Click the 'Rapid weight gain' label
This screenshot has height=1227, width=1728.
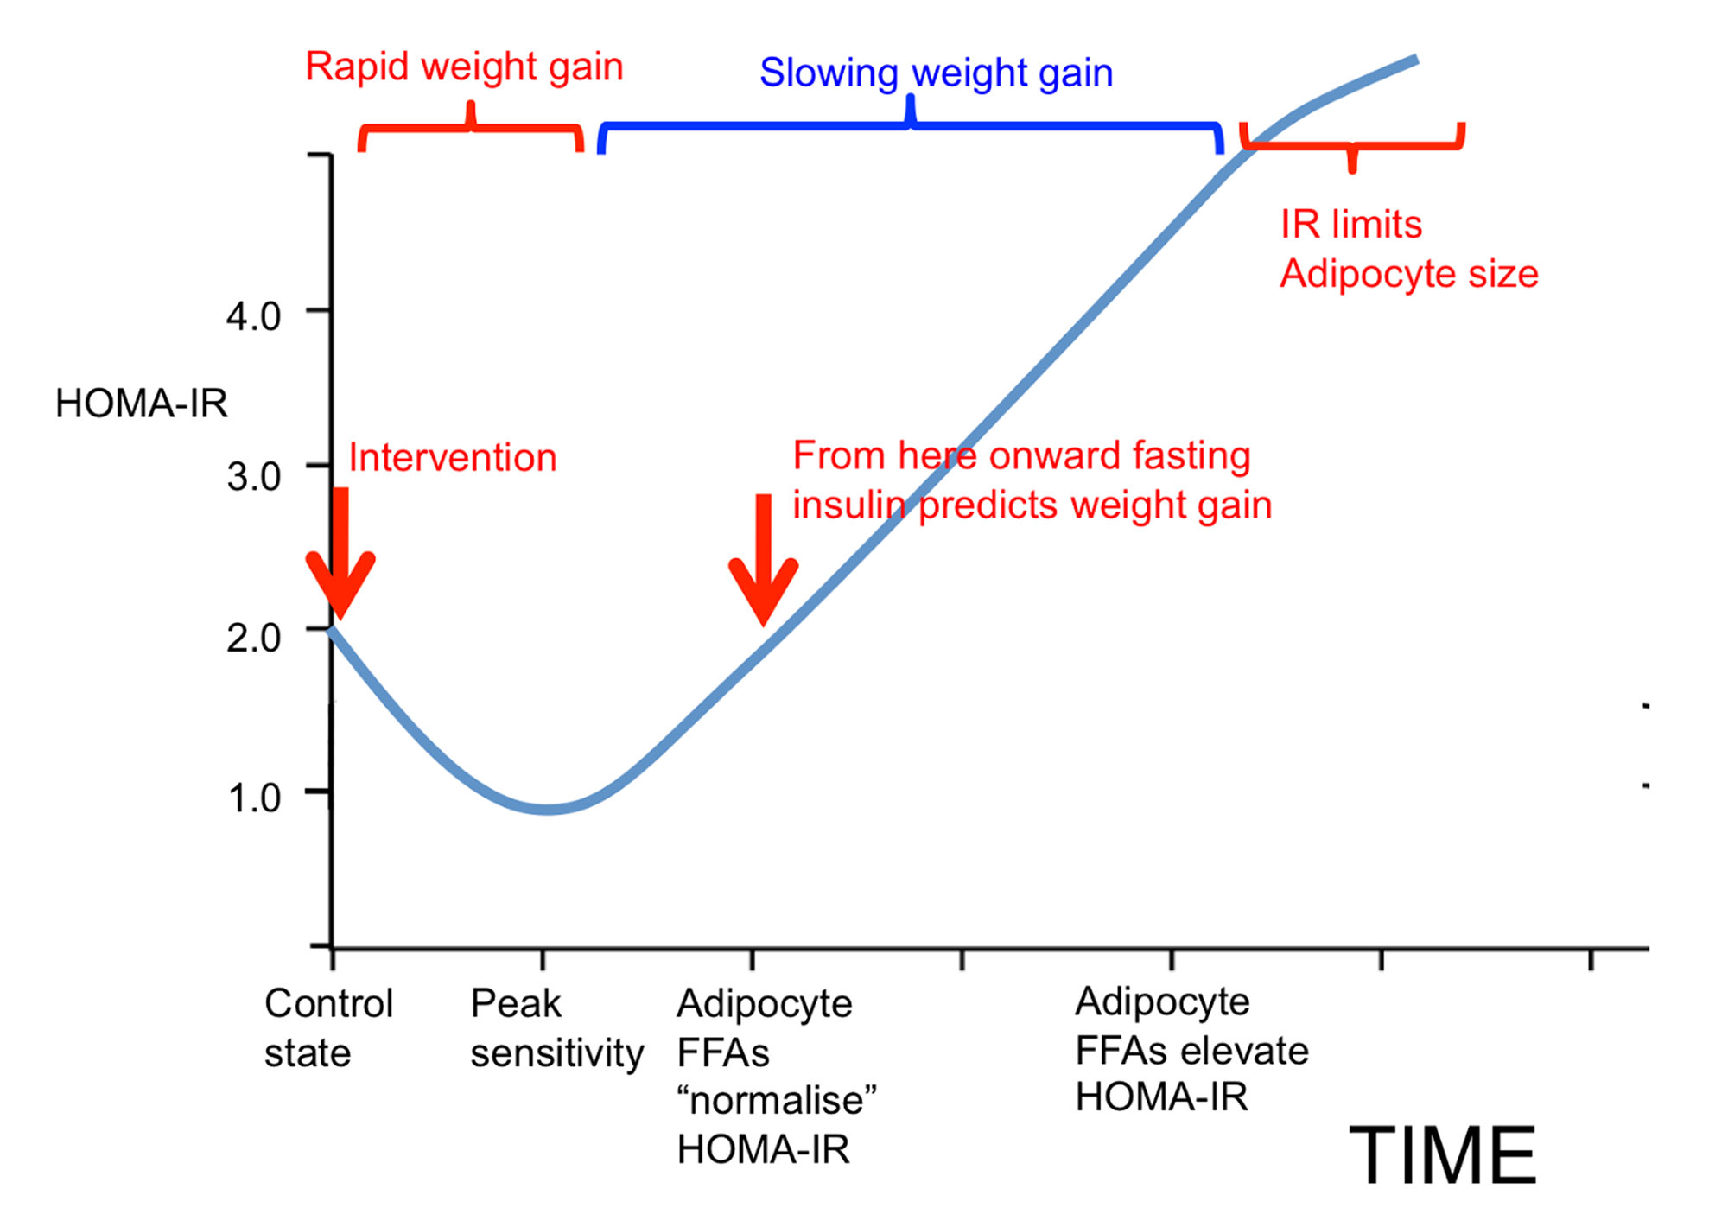point(464,67)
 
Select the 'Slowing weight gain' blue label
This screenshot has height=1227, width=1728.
point(936,73)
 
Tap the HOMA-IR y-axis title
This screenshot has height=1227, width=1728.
point(142,404)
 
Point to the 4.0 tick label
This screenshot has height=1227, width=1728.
point(253,317)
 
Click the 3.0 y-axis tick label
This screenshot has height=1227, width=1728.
point(253,477)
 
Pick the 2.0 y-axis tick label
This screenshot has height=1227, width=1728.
point(253,639)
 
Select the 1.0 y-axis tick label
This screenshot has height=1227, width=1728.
point(253,798)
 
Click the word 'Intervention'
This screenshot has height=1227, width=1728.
point(453,458)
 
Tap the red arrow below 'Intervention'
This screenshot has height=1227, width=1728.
point(340,557)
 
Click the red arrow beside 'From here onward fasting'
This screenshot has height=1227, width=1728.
point(764,562)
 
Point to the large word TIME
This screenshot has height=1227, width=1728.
point(1442,1155)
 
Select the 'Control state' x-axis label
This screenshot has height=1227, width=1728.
point(328,1028)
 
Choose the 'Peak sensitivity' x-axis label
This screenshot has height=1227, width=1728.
point(556,1028)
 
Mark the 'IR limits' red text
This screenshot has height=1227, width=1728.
point(1350,225)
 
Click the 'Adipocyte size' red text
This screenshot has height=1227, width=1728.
point(1408,274)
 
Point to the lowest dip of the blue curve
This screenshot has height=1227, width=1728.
point(547,810)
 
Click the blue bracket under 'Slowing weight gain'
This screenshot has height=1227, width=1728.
point(910,127)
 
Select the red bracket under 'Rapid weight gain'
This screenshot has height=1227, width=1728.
point(471,129)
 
